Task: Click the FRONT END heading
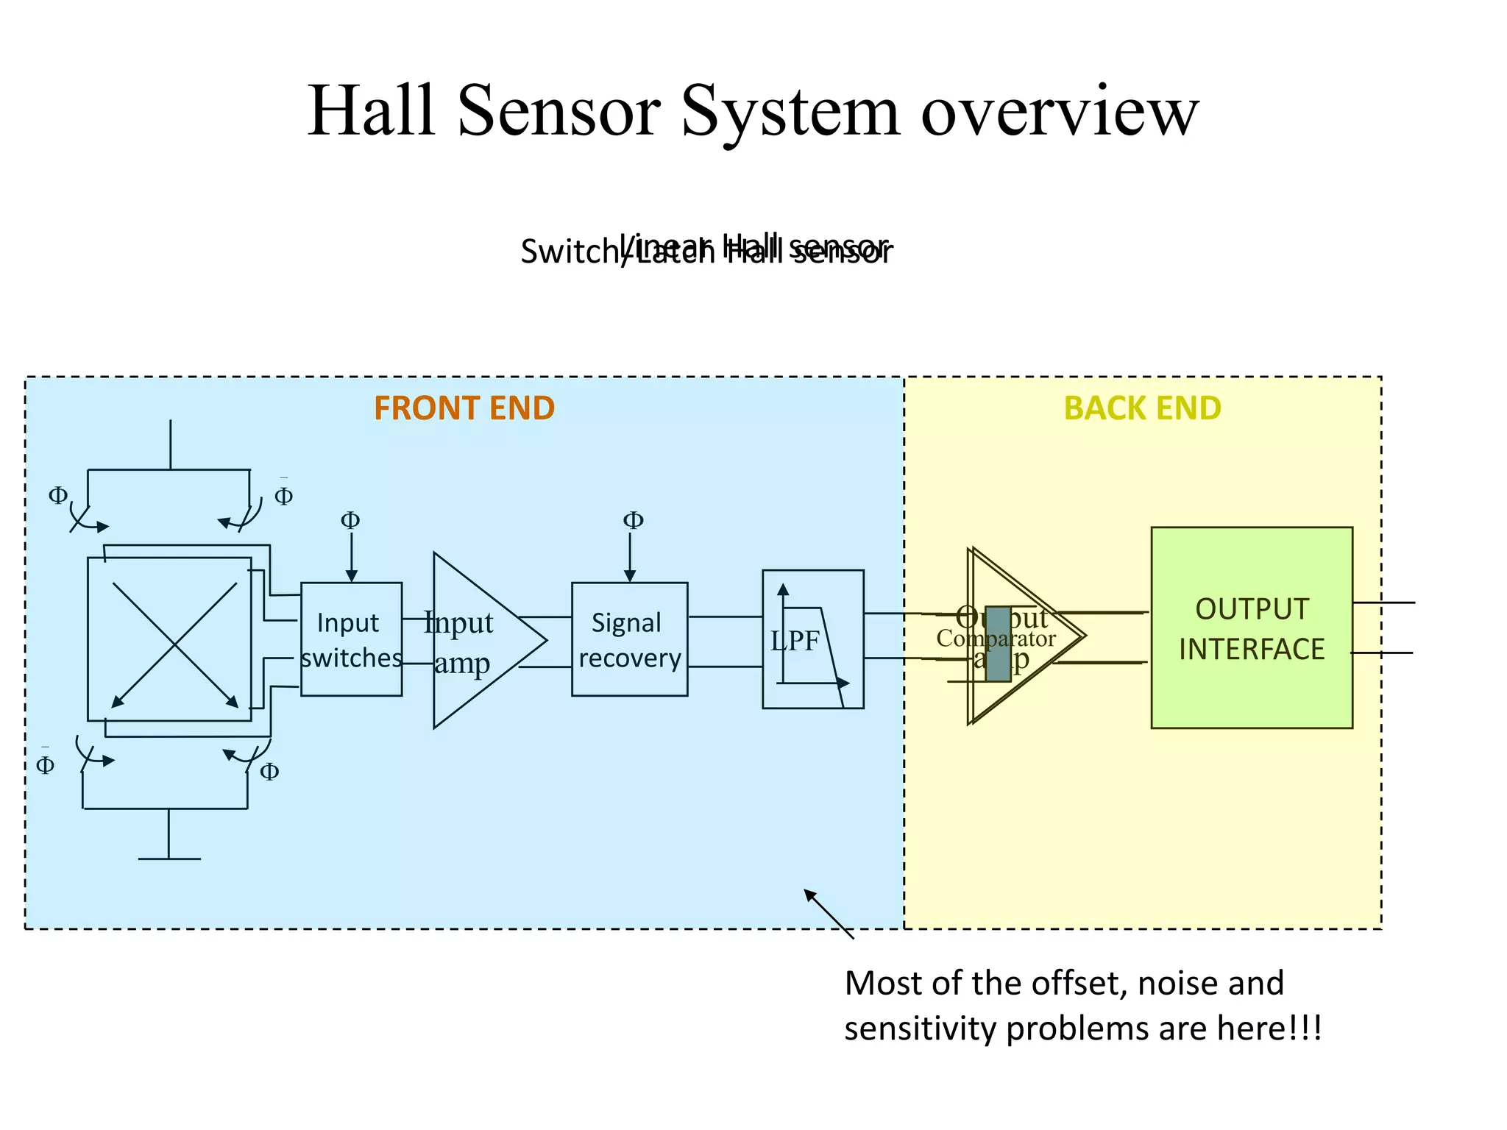pos(464,408)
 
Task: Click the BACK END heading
pos(1142,408)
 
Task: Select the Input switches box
pos(351,639)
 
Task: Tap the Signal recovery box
pos(629,639)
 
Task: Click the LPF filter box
pos(812,639)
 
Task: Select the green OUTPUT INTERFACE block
pos(1251,628)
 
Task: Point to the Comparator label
pos(995,639)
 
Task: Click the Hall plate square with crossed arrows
pos(170,639)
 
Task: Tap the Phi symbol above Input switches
pos(350,521)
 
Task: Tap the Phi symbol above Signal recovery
pos(633,521)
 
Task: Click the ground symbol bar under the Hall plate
pos(169,859)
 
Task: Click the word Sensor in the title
pos(559,112)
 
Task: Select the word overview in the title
pos(1060,112)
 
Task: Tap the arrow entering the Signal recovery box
pos(630,566)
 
